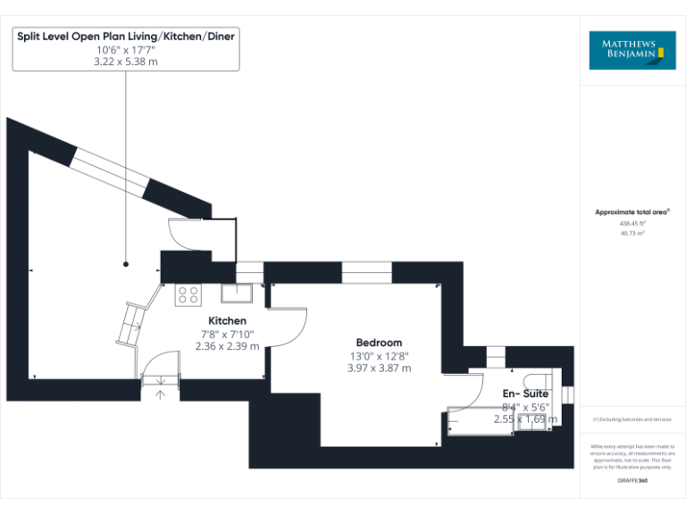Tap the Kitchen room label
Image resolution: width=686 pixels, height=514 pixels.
click(x=227, y=320)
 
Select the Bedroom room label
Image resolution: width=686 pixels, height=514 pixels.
click(x=379, y=342)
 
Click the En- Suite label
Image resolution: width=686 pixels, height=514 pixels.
click(x=525, y=394)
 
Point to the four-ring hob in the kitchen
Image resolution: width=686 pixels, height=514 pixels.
click(x=188, y=294)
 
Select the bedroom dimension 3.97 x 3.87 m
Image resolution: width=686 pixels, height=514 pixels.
click(x=379, y=368)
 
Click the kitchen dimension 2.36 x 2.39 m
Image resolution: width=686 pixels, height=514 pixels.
click(x=227, y=346)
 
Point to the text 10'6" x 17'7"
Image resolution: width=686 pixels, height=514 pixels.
click(x=126, y=50)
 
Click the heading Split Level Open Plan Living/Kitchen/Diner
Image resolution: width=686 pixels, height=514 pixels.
click(x=126, y=36)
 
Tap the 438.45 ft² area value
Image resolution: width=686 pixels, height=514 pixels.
click(x=632, y=223)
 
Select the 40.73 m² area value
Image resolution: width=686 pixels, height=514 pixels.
click(x=632, y=233)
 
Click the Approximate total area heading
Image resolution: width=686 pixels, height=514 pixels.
click(x=632, y=211)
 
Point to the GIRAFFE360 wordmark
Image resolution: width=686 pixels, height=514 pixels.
click(x=632, y=481)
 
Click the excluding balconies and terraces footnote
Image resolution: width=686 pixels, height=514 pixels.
click(x=632, y=419)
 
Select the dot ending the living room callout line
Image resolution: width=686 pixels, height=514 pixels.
click(x=125, y=263)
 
